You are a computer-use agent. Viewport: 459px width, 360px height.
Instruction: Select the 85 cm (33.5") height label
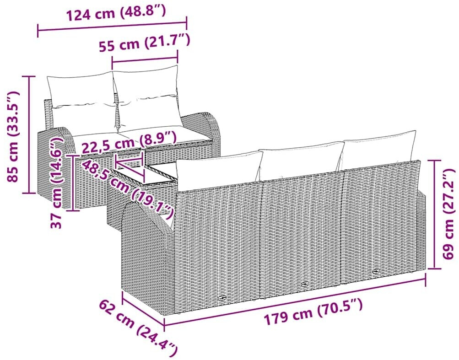[x=14, y=136]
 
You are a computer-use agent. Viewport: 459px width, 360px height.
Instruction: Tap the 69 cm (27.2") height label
[x=449, y=214]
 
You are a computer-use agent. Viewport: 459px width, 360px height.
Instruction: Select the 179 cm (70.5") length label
[x=313, y=312]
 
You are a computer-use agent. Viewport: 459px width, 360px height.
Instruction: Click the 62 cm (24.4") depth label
[x=138, y=325]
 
